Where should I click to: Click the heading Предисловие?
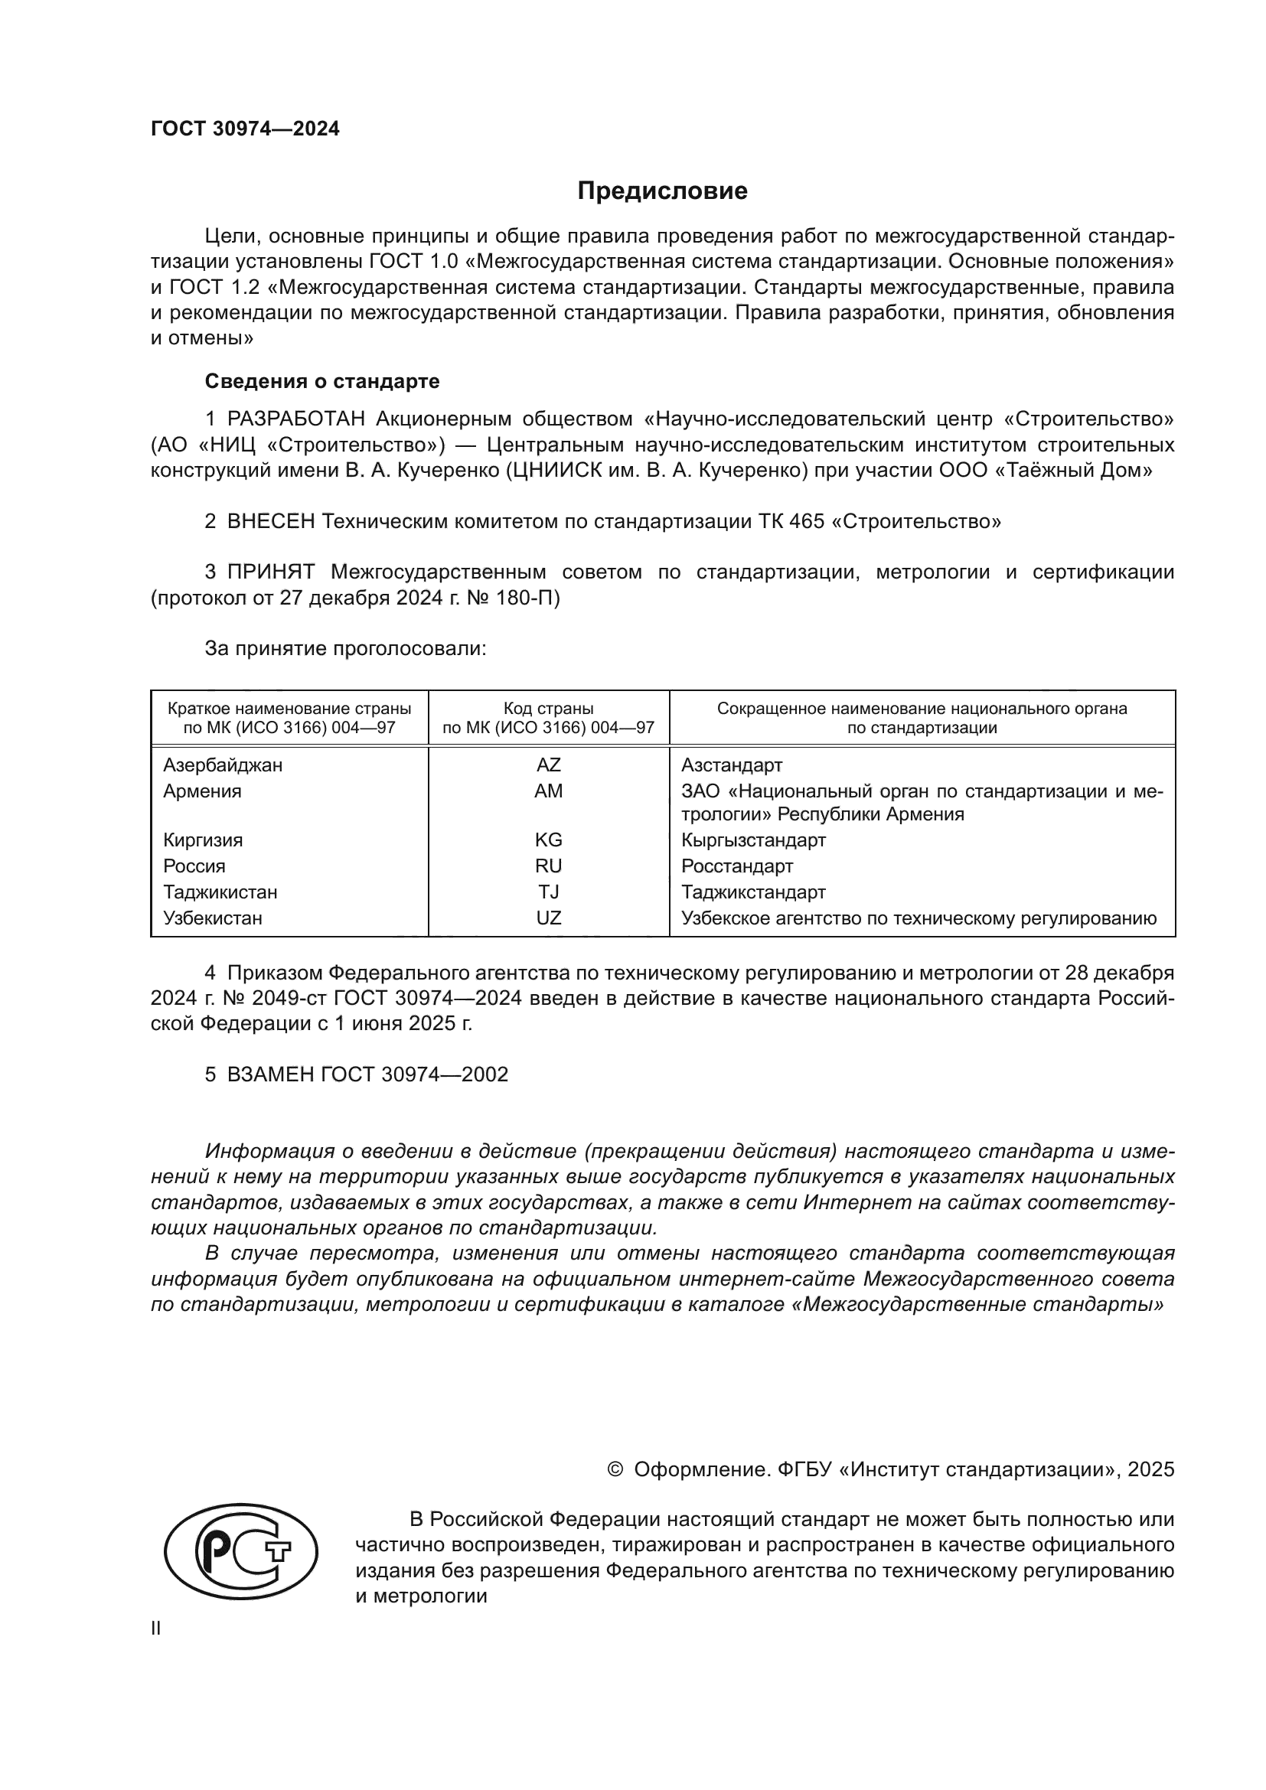pyautogui.click(x=662, y=191)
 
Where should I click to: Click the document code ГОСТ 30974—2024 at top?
pyautogui.click(x=245, y=129)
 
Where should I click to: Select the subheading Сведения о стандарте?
pyautogui.click(x=322, y=381)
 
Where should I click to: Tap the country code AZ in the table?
pyautogui.click(x=548, y=765)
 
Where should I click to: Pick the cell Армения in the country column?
pyautogui.click(x=202, y=791)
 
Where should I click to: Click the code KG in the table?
pyautogui.click(x=548, y=840)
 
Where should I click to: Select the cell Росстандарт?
pyautogui.click(x=736, y=866)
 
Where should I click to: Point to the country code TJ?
pyautogui.click(x=548, y=891)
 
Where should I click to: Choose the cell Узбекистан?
pyautogui.click(x=212, y=918)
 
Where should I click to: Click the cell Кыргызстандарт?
pyautogui.click(x=753, y=840)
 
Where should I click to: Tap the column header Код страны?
pyautogui.click(x=548, y=709)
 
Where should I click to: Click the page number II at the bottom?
pyautogui.click(x=156, y=1628)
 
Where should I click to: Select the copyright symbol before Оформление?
pyautogui.click(x=615, y=1469)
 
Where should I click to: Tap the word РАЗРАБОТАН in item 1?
pyautogui.click(x=295, y=419)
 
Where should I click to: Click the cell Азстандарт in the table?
pyautogui.click(x=731, y=765)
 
